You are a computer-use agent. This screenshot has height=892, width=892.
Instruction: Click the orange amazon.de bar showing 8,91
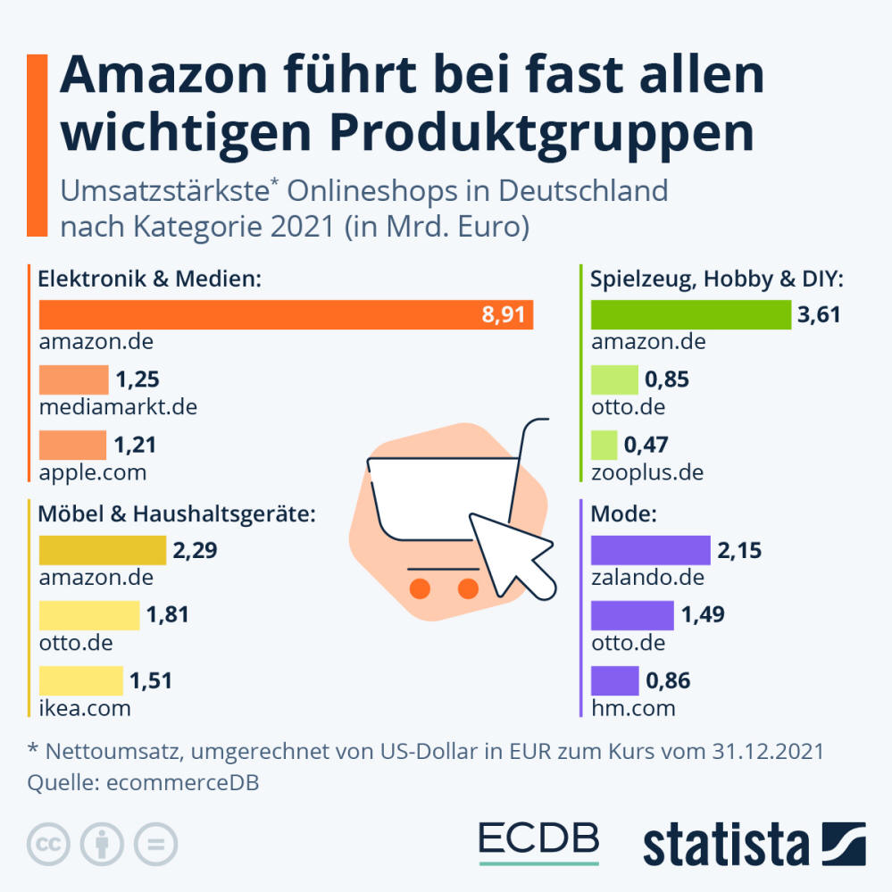point(286,314)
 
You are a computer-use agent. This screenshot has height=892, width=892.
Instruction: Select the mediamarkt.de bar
point(73,379)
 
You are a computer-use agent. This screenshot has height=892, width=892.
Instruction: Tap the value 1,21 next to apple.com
point(135,444)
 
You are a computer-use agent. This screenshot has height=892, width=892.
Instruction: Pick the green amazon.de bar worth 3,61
point(691,314)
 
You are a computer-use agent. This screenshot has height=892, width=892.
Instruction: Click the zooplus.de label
point(647,471)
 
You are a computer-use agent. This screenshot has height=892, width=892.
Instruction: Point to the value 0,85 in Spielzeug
point(667,380)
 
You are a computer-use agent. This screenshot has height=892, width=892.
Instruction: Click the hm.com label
point(633,708)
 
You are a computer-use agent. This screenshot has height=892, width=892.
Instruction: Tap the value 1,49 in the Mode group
point(703,615)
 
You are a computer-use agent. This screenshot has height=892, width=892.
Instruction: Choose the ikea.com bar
point(81,680)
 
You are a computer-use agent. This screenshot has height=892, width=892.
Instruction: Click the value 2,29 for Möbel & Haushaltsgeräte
point(196,550)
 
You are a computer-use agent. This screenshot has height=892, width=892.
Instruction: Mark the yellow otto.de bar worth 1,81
point(89,615)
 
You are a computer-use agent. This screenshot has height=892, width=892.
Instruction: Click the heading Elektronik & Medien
point(149,279)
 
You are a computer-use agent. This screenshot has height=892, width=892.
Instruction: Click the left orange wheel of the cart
point(420,588)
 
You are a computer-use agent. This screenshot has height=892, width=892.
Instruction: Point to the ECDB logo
point(538,839)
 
